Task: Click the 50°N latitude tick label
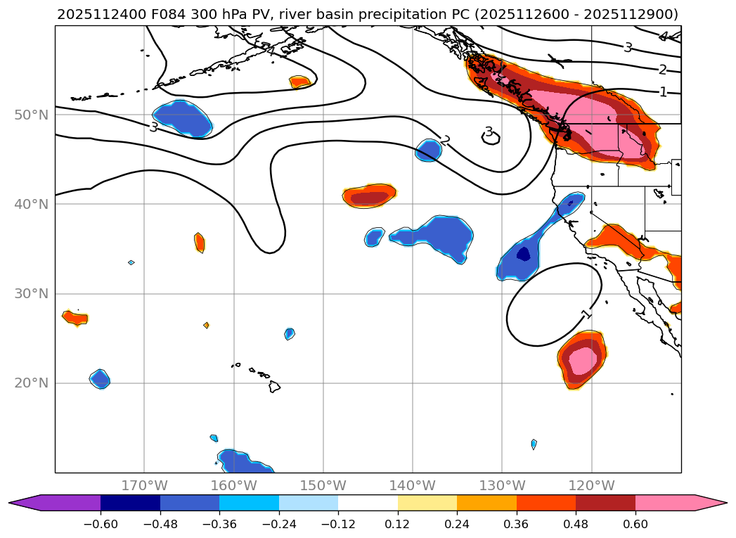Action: [31, 115]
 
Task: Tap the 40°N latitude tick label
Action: [31, 204]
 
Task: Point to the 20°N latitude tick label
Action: [31, 383]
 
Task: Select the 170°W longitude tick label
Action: [144, 485]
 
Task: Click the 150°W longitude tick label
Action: [323, 485]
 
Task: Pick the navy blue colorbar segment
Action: [130, 503]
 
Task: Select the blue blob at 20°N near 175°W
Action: [101, 379]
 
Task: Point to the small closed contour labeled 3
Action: [491, 139]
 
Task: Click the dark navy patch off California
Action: [523, 254]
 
